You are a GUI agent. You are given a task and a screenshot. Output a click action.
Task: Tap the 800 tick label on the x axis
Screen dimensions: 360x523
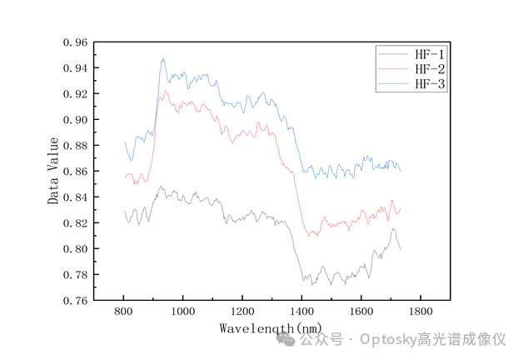coord(123,312)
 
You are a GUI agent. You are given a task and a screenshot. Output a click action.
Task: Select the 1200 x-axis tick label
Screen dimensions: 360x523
coord(242,312)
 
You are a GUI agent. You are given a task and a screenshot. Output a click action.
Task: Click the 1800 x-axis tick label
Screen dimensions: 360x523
coord(420,312)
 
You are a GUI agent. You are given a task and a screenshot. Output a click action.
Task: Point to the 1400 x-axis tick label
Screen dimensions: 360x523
coord(301,312)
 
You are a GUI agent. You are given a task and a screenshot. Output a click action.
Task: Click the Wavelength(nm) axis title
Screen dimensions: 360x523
coord(271,328)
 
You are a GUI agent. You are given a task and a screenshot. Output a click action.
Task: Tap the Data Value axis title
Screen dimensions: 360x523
coord(53,171)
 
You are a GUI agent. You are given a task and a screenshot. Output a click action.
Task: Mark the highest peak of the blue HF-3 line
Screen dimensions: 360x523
coord(163,58)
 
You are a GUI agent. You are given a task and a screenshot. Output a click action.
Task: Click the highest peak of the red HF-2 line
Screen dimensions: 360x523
coord(167,92)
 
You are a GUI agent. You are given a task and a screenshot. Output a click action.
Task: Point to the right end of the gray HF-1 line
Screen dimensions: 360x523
coord(401,249)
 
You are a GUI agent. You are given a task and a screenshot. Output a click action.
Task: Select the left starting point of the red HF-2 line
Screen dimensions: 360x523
coord(125,177)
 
